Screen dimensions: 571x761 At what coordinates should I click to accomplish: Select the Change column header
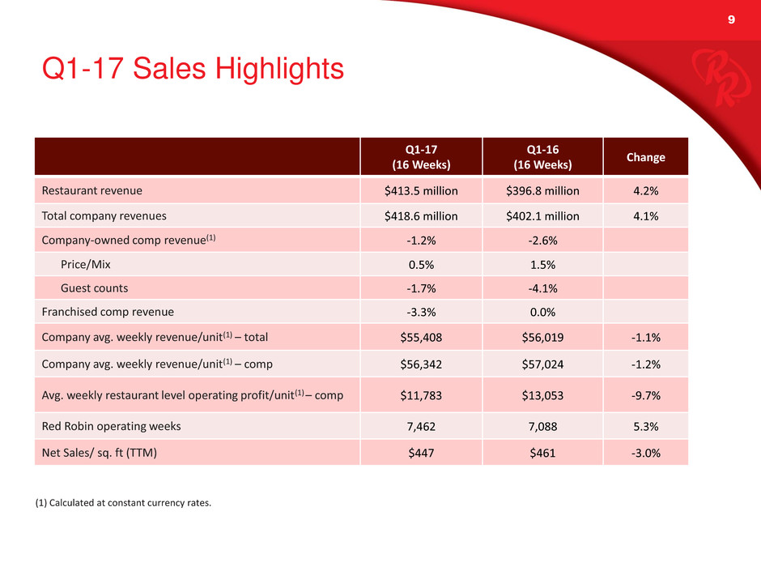pos(645,157)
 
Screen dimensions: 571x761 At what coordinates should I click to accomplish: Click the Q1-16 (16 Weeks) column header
pos(542,157)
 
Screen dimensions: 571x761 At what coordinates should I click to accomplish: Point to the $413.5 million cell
pos(421,191)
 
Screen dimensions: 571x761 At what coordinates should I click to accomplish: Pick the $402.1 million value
pos(542,216)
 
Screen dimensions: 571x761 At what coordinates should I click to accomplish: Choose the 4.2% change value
pos(645,191)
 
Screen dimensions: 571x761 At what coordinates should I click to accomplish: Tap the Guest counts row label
pos(95,288)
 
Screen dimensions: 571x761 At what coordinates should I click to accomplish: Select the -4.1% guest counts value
pos(542,288)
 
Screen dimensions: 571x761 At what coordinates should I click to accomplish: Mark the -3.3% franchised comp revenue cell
pos(421,311)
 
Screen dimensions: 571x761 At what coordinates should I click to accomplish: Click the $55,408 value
pos(421,337)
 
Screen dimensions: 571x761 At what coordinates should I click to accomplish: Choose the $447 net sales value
pos(421,453)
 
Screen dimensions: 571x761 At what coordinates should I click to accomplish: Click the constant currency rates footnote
pos(123,503)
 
